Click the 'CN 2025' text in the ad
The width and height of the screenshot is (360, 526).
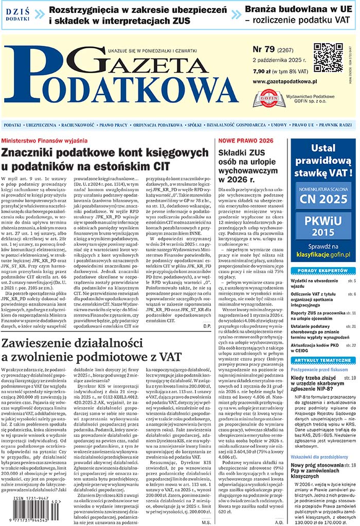click(x=323, y=198)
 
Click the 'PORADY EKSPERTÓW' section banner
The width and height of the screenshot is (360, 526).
click(x=323, y=270)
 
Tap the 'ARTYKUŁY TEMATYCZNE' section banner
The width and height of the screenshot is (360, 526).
click(x=323, y=359)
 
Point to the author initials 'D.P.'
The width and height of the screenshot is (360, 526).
click(x=207, y=326)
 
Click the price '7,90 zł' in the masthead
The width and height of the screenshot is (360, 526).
click(x=262, y=71)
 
